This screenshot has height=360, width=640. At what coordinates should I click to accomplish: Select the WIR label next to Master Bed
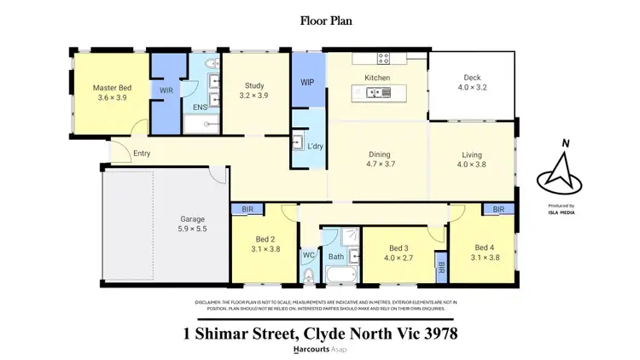166,90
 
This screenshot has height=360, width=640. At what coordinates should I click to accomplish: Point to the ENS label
199,107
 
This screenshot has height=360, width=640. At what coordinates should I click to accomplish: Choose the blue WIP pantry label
308,84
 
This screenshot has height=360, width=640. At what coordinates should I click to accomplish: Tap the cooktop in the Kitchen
383,59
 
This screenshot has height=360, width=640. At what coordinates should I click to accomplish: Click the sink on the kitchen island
375,93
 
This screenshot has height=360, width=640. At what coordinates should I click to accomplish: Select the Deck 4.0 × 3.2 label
472,82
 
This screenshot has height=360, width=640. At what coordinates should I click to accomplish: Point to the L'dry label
315,147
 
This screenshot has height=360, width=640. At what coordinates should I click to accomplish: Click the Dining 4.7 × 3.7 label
378,160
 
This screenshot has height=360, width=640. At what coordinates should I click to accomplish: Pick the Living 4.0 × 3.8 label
472,160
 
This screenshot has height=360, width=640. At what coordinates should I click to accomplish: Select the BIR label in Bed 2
248,208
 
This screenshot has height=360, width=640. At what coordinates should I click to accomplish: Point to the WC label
308,254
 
